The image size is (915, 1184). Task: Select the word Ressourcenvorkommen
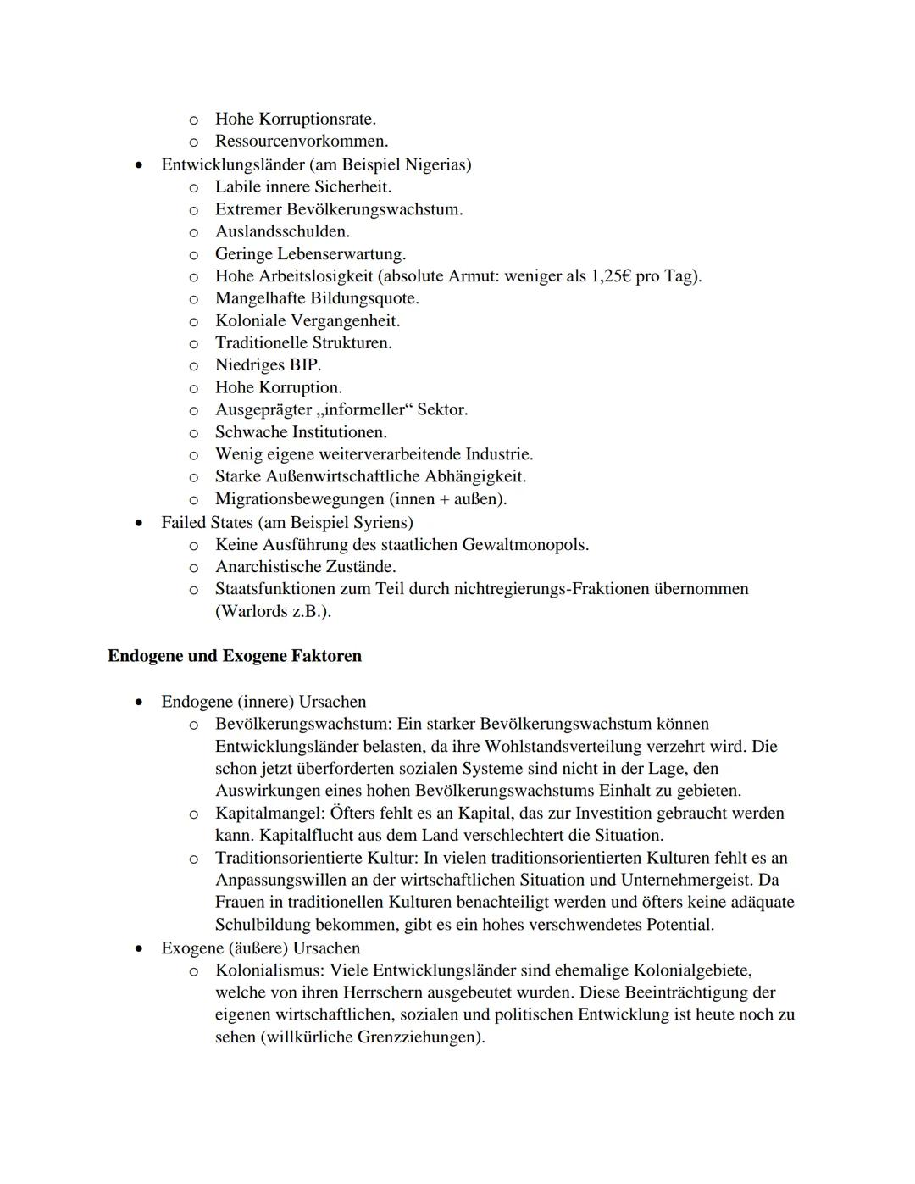click(x=301, y=142)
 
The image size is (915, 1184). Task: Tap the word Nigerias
click(x=436, y=164)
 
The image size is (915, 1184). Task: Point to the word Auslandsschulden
click(x=281, y=231)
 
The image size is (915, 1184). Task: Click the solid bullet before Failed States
click(x=139, y=523)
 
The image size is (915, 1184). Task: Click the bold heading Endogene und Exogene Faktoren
click(x=235, y=656)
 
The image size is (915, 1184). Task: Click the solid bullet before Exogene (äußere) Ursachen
click(x=139, y=948)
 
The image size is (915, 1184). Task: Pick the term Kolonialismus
click(x=269, y=970)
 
